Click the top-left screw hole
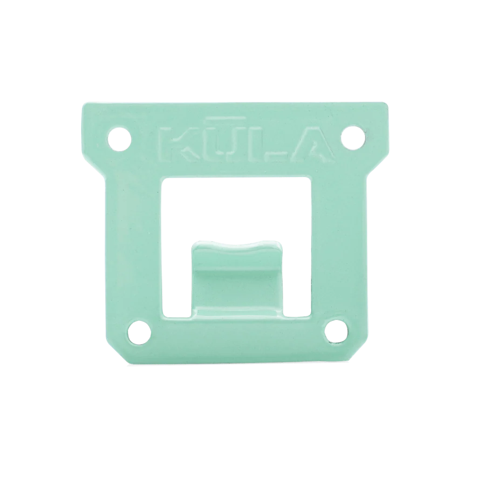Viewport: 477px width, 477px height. pos(120,139)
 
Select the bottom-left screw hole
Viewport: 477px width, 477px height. pos(140,332)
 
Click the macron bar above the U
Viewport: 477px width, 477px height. pos(226,117)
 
